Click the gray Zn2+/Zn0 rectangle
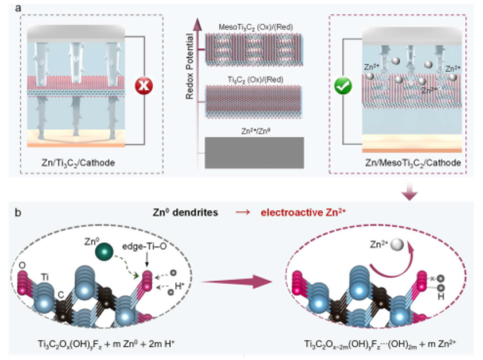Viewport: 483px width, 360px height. point(254,153)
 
